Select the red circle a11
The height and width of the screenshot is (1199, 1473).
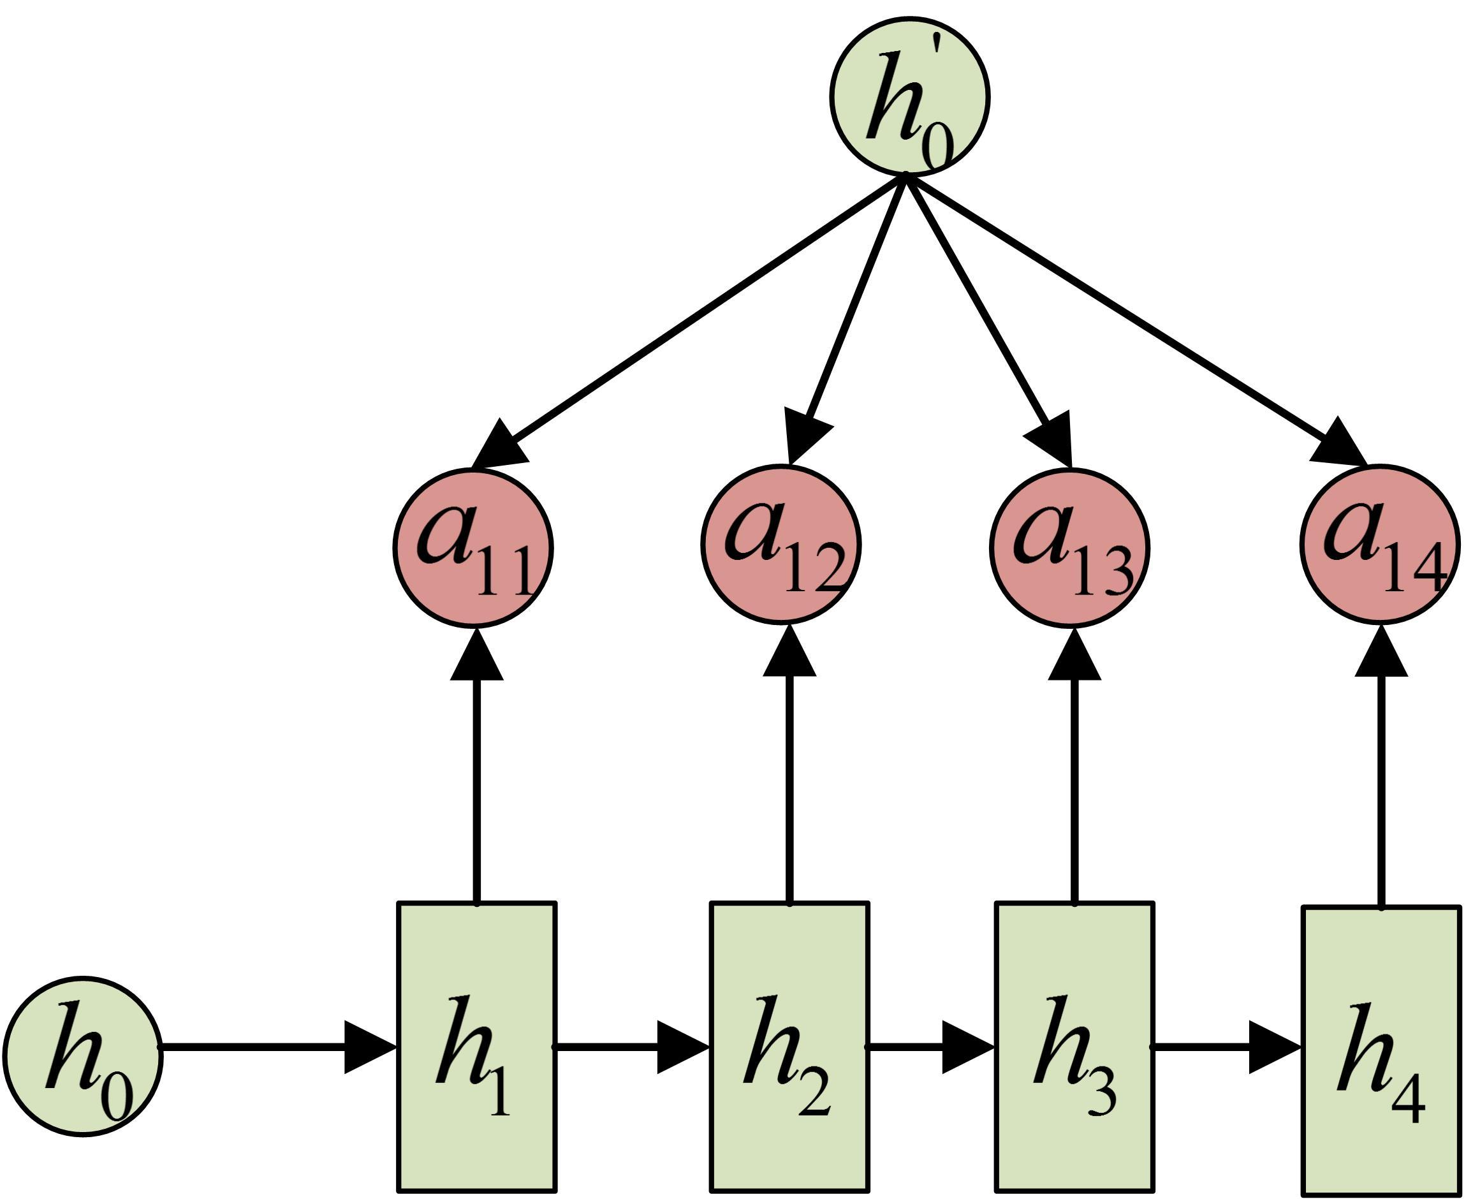[x=473, y=548]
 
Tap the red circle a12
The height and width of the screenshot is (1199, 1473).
[x=781, y=545]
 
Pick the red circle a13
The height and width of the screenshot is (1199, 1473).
[x=1069, y=548]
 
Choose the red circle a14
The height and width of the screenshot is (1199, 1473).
[x=1379, y=545]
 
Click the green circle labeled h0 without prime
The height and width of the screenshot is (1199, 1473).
[x=83, y=1056]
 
